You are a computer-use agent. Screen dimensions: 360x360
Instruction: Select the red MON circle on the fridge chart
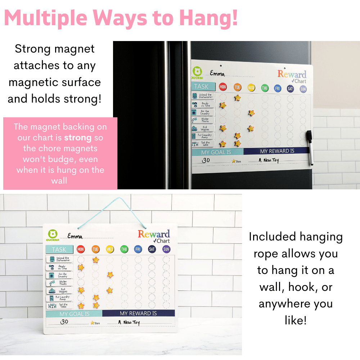click(223, 87)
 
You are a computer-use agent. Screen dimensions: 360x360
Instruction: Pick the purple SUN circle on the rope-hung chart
click(166, 249)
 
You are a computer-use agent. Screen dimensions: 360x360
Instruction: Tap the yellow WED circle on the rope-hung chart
click(109, 249)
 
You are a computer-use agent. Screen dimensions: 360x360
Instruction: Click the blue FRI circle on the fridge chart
click(277, 88)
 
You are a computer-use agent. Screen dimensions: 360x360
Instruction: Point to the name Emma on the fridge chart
click(217, 74)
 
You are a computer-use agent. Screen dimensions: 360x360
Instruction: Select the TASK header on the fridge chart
click(202, 86)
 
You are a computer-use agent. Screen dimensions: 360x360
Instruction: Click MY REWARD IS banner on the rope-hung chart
click(138, 313)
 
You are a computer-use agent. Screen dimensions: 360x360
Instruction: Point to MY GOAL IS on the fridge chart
click(216, 152)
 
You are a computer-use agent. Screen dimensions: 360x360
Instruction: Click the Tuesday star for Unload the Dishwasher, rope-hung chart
click(95, 260)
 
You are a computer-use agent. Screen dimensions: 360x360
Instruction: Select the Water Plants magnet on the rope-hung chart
click(59, 283)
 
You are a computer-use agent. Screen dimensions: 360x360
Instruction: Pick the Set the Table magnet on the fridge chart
click(202, 144)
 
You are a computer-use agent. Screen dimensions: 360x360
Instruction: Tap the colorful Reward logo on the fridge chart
click(292, 75)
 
